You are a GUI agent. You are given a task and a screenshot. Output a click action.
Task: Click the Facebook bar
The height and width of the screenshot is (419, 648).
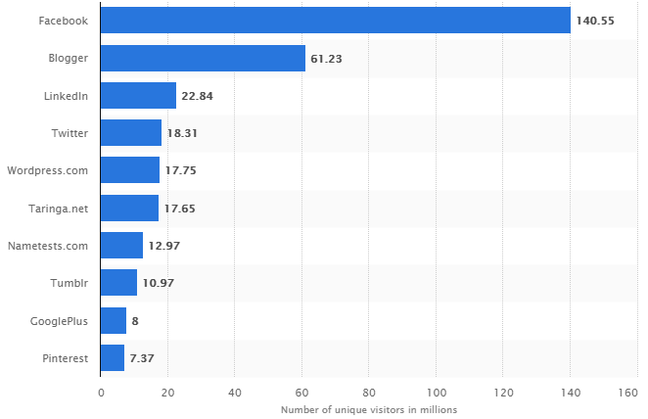(x=336, y=21)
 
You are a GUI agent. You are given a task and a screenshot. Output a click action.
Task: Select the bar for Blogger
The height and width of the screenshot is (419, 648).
(x=203, y=58)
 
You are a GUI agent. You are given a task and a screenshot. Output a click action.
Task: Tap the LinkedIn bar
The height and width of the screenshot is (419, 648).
(x=138, y=95)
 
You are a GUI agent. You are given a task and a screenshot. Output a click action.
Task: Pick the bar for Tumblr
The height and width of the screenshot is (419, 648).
(x=118, y=283)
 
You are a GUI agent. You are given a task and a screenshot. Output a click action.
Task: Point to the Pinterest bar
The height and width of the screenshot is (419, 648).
(x=113, y=358)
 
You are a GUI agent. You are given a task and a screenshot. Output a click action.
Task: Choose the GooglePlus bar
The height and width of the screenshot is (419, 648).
(x=114, y=320)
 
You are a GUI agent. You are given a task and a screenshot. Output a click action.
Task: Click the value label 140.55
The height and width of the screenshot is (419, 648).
(x=595, y=21)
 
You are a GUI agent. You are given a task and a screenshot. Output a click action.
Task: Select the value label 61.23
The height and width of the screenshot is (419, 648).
(x=327, y=58)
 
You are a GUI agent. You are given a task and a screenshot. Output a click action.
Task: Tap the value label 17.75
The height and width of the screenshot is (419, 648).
(x=181, y=170)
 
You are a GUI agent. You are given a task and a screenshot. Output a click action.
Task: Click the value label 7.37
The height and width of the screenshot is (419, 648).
(x=143, y=358)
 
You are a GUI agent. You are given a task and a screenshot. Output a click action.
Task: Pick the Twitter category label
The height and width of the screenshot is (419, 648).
(x=70, y=133)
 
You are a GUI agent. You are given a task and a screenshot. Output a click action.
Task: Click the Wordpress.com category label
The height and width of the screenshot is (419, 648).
(x=48, y=170)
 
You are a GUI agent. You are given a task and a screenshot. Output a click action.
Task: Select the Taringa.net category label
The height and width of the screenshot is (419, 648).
(x=60, y=208)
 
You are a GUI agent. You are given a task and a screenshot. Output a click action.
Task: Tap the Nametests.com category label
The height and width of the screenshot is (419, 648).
(x=48, y=246)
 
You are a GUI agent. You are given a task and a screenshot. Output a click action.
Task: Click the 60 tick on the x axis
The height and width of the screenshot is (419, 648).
(x=301, y=392)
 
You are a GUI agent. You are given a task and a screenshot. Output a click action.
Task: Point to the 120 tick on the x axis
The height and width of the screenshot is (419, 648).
(x=502, y=392)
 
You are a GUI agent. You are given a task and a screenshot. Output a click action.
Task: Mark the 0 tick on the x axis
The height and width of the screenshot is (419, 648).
(x=101, y=392)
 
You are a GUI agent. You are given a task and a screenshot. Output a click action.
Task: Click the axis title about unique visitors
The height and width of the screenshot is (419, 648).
(x=369, y=409)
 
